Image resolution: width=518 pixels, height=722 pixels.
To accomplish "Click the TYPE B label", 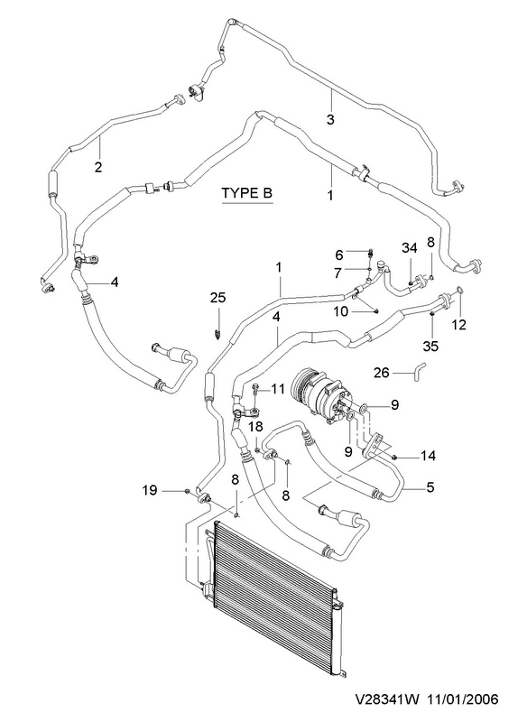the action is (247, 192).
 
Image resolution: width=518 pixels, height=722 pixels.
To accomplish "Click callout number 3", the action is (330, 119).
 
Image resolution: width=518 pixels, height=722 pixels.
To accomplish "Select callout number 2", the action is (98, 167).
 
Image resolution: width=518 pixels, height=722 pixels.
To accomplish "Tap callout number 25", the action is (218, 298).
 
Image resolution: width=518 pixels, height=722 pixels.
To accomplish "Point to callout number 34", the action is (409, 248).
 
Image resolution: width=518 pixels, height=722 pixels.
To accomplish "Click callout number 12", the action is (459, 325).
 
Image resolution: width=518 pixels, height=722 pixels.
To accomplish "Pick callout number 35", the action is (431, 346).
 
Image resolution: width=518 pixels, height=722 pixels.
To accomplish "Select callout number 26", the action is (382, 372).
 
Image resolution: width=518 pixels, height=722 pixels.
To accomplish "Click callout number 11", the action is (278, 389).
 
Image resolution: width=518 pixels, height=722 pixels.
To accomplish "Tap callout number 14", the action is (428, 456).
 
